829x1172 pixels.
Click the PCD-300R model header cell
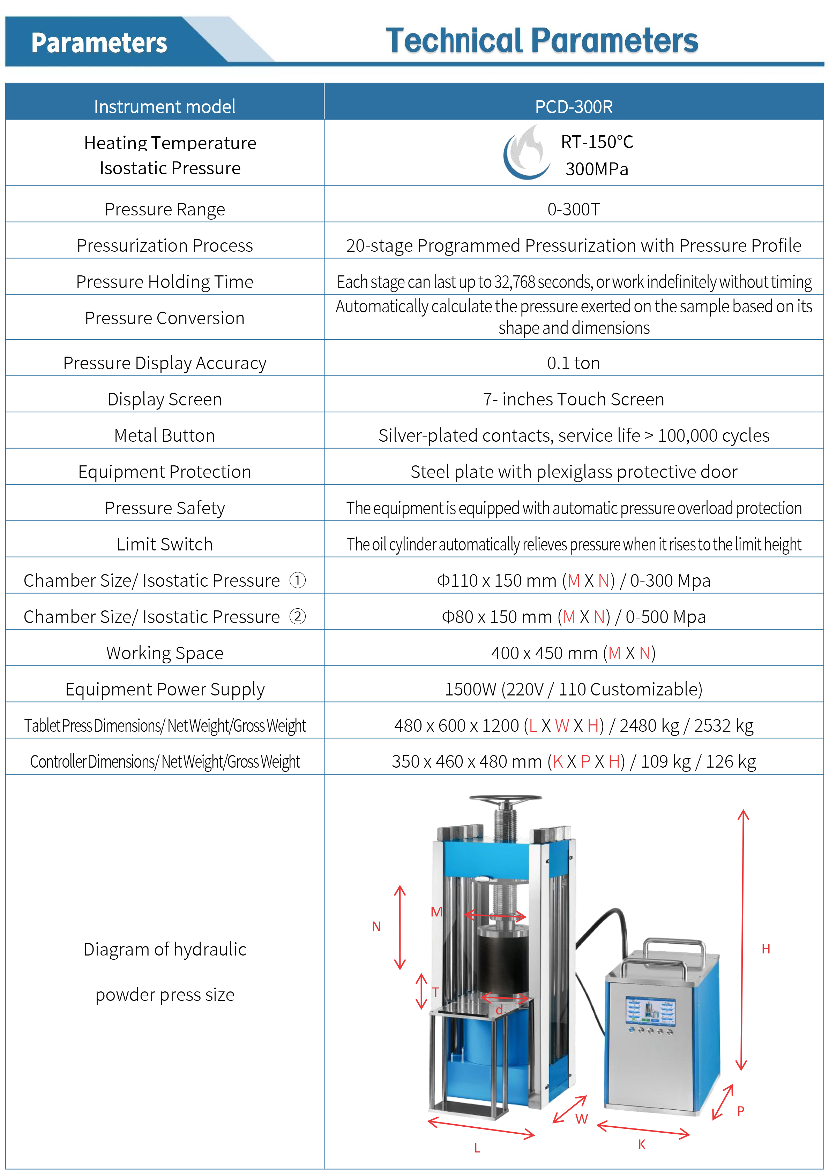click(x=574, y=107)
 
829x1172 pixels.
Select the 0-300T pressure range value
click(x=574, y=209)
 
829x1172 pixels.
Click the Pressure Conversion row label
click(x=164, y=318)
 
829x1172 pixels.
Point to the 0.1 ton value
click(x=574, y=363)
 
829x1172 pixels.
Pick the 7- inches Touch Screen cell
click(x=574, y=399)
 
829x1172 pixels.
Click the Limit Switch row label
click(x=164, y=544)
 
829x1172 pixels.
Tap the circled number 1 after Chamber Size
click(x=297, y=580)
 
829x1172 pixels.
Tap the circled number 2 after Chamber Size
click(x=297, y=617)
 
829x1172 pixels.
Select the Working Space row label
click(x=164, y=653)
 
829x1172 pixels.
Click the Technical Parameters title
click(x=542, y=41)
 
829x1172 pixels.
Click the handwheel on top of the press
click(x=505, y=799)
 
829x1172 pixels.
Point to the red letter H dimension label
click(x=765, y=949)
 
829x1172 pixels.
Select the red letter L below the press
click(x=477, y=1148)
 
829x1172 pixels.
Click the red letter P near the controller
click(x=741, y=1111)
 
